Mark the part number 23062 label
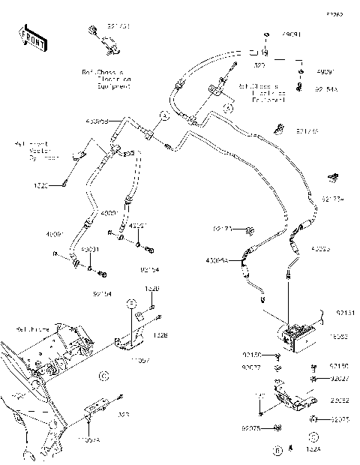[x=340, y=400]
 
